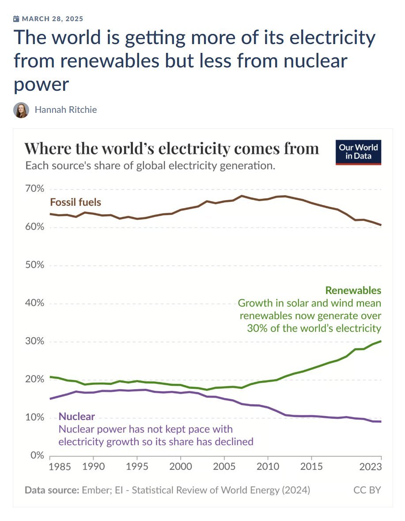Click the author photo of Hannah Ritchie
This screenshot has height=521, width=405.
21,110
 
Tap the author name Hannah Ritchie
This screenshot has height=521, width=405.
65,110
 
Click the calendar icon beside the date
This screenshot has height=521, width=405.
16,19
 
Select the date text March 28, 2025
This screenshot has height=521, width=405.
52,19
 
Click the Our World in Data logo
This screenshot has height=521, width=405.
358,152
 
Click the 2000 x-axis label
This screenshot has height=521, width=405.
181,466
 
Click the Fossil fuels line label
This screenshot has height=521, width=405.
76,202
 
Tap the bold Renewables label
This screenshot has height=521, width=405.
353,290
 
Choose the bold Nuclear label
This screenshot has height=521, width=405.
76,417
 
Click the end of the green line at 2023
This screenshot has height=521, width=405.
381,341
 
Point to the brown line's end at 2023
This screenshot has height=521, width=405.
381,225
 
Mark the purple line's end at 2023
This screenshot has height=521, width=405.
381,422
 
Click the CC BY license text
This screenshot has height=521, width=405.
367,490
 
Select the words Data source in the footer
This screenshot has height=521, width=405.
51,490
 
